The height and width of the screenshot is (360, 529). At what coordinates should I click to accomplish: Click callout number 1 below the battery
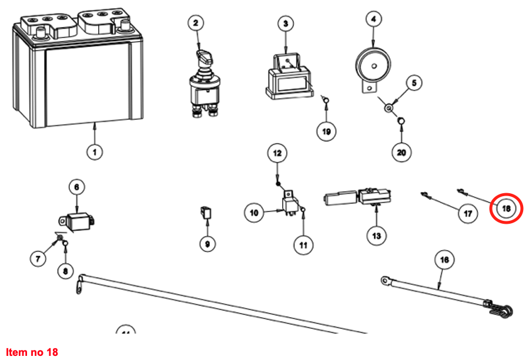(x=93, y=152)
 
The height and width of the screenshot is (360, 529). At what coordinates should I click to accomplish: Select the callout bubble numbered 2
(x=196, y=23)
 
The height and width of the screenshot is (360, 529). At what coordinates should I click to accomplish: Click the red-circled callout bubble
(x=506, y=208)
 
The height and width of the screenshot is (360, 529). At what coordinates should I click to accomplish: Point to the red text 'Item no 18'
(x=32, y=352)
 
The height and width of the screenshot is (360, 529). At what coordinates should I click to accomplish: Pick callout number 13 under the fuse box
(x=376, y=235)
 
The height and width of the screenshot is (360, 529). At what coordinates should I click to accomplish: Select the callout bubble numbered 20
(x=401, y=152)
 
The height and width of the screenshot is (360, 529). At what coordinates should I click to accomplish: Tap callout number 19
(x=327, y=131)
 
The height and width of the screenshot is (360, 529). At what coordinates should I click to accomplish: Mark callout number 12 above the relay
(x=277, y=154)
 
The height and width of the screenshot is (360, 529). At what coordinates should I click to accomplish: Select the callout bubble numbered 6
(x=76, y=187)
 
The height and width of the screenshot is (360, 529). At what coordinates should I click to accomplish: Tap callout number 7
(x=38, y=258)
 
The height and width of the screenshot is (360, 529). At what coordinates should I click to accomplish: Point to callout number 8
(x=65, y=271)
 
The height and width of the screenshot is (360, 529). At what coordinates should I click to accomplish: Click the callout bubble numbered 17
(x=468, y=214)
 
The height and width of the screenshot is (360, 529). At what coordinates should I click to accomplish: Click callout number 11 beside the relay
(x=303, y=245)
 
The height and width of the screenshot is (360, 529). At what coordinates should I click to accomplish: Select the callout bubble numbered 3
(x=285, y=23)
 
